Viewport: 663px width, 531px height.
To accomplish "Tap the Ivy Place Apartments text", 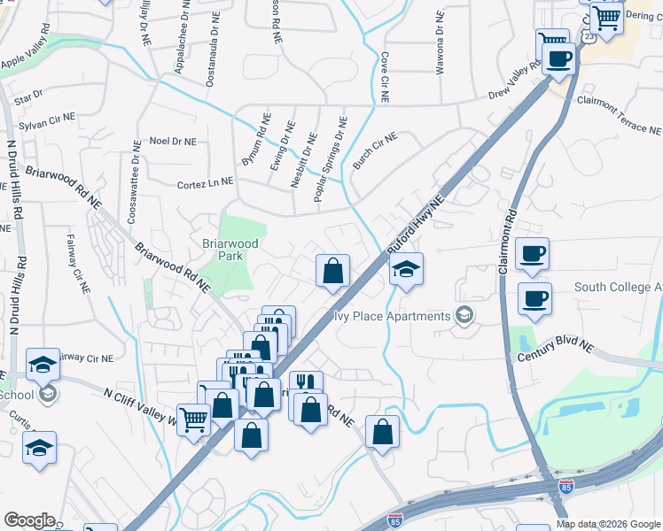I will pyautogui.click(x=392, y=316).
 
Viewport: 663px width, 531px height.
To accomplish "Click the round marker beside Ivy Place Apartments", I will pyautogui.click(x=464, y=315).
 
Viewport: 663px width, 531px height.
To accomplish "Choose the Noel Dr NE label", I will pyautogui.click(x=172, y=140).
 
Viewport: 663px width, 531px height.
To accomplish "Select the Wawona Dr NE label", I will pyautogui.click(x=441, y=41).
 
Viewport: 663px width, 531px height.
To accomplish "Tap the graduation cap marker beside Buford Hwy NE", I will pyautogui.click(x=407, y=269).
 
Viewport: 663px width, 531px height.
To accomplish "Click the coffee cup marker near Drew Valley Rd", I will pyautogui.click(x=559, y=59).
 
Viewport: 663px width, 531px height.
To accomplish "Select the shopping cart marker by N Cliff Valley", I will pyautogui.click(x=193, y=419).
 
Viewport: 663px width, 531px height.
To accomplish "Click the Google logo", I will pyautogui.click(x=29, y=519).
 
